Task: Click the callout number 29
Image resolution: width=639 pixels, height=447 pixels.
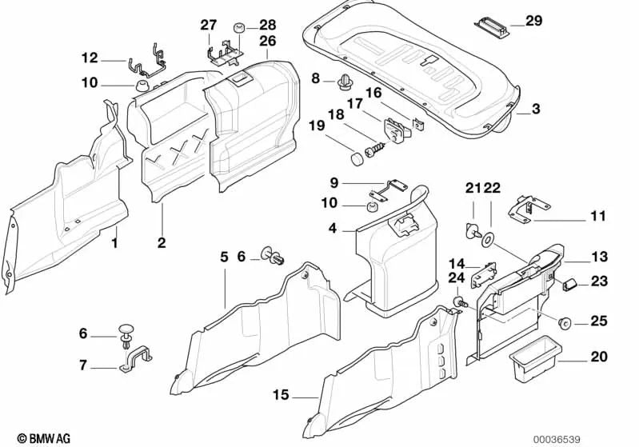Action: pos(533,20)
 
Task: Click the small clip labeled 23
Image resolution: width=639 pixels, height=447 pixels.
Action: pos(570,284)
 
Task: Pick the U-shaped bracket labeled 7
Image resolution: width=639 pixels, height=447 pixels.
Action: pos(136,361)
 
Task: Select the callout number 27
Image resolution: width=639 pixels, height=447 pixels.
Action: pos(209,25)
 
